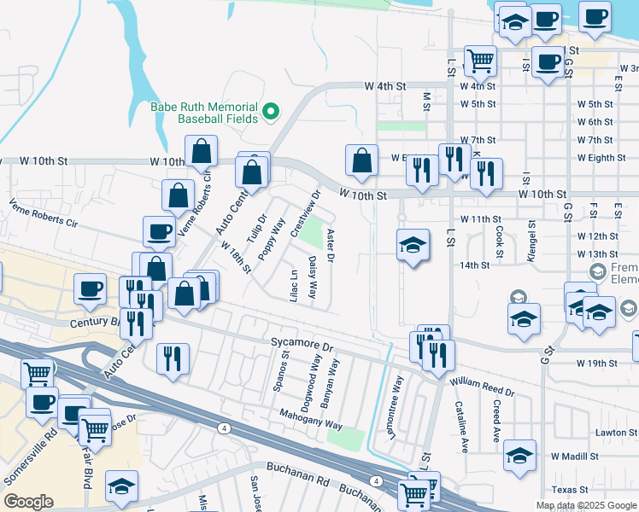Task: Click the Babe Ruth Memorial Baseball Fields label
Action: [x=204, y=113]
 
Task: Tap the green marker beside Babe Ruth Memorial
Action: [x=271, y=111]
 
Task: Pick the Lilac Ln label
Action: [x=294, y=284]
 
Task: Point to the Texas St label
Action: [x=570, y=490]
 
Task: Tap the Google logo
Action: [x=28, y=502]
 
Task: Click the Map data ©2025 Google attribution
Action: [x=585, y=505]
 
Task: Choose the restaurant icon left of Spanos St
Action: [x=173, y=358]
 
